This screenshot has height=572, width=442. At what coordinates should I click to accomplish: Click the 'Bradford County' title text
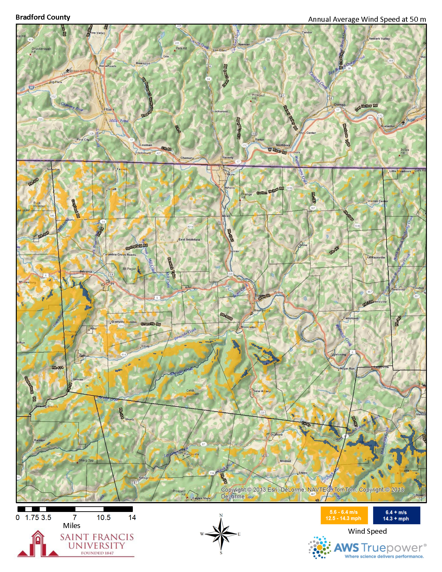(43, 17)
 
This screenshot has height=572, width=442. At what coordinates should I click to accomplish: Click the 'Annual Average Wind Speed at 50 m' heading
(367, 19)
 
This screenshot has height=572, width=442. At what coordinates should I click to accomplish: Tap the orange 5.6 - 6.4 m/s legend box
(344, 515)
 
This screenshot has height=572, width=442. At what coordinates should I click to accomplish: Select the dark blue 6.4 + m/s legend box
(396, 515)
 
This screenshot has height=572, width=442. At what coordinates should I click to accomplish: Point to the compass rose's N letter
(221, 516)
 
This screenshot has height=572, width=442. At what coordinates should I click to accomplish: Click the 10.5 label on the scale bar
(104, 517)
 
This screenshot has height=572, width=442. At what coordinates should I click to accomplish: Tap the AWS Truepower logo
(367, 547)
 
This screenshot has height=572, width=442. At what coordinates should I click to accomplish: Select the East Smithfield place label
(189, 239)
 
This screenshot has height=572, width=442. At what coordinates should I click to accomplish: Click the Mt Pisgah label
(129, 269)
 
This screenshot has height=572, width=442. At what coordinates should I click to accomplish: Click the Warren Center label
(377, 201)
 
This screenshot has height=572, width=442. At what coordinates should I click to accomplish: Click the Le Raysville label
(376, 257)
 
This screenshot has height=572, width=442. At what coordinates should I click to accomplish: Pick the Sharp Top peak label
(86, 460)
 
